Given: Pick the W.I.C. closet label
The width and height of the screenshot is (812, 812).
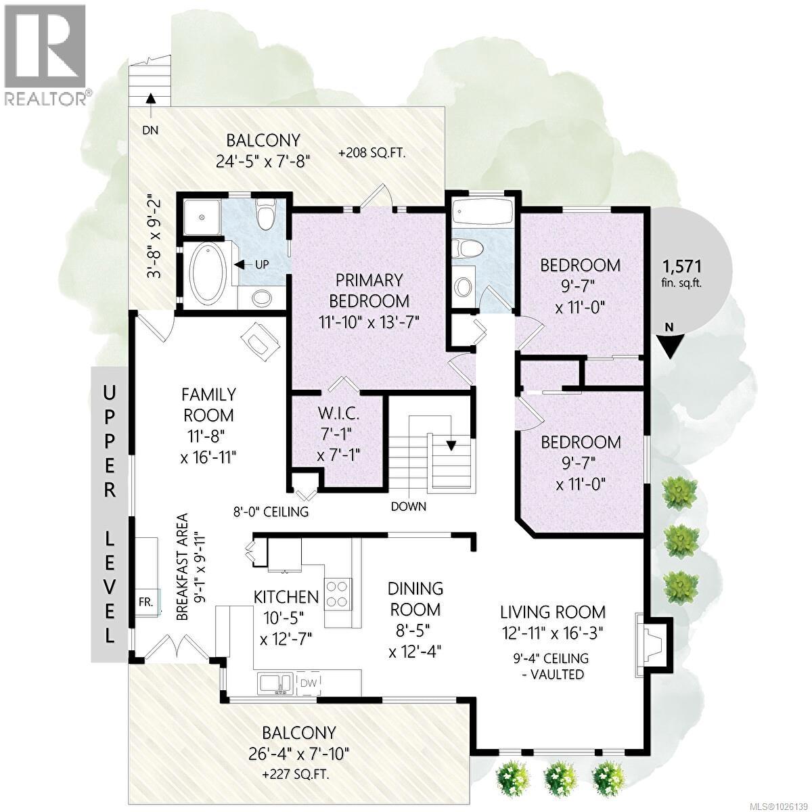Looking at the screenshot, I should coord(338,413).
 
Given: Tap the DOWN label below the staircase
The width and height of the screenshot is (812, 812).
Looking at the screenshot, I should coord(409,506).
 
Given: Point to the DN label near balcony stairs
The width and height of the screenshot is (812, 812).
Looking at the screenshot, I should coord(150,130).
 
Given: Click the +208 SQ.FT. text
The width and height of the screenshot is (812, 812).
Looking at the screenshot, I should coord(371,154).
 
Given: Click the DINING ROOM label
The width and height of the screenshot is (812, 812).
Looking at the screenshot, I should coord(415,599).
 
